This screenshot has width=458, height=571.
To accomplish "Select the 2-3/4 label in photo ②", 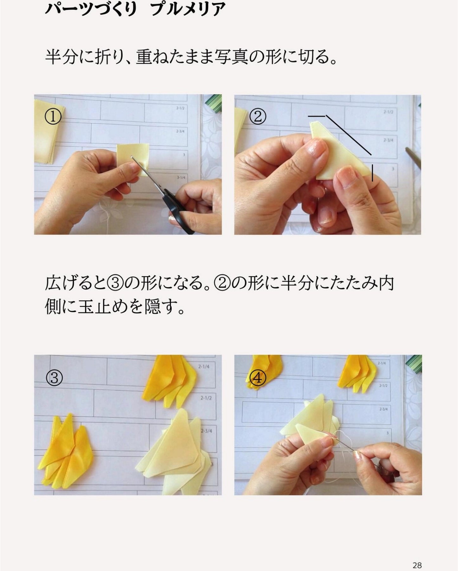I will [388, 140].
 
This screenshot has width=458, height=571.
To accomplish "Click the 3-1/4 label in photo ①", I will [181, 178].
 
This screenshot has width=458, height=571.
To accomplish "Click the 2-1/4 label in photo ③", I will [203, 367].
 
